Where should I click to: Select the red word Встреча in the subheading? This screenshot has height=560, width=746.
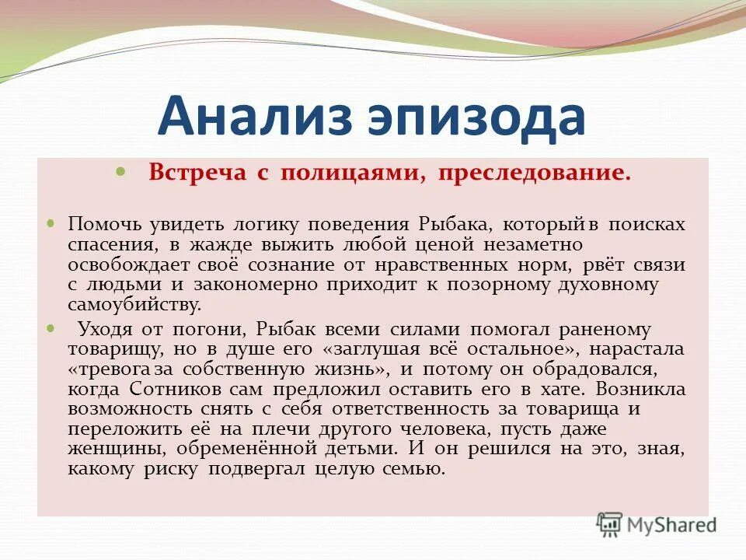pyautogui.click(x=197, y=173)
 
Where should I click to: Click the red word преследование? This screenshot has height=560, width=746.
pyautogui.click(x=533, y=173)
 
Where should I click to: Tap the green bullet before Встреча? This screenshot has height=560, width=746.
pyautogui.click(x=120, y=170)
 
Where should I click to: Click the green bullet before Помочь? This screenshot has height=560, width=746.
pyautogui.click(x=52, y=222)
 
